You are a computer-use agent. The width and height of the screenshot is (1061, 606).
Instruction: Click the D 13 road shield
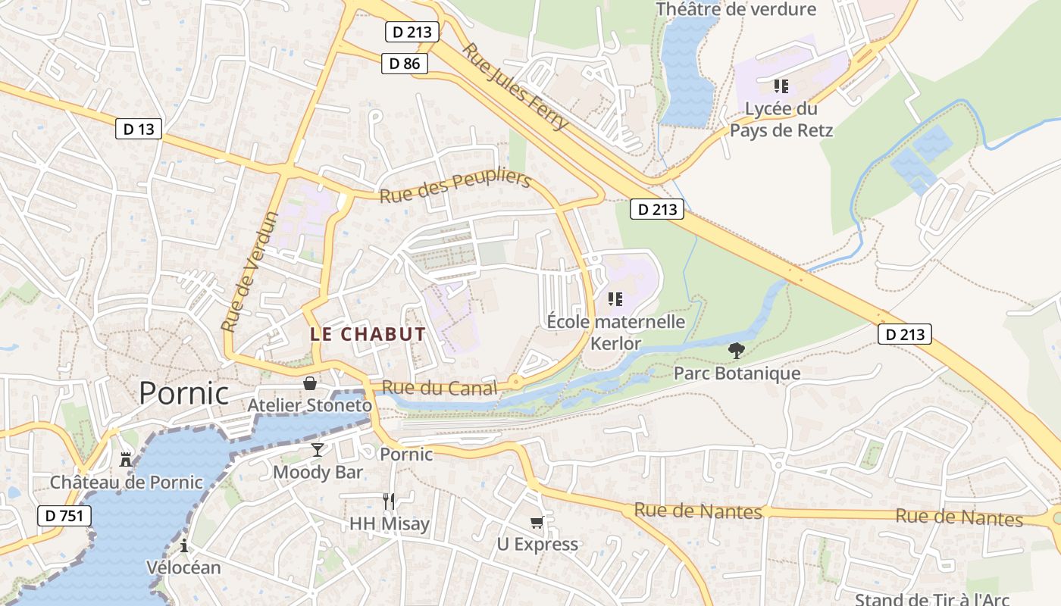tap(139, 129)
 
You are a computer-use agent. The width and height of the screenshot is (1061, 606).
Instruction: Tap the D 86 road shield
tap(404, 64)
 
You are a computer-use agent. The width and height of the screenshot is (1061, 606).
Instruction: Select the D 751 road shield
tap(64, 516)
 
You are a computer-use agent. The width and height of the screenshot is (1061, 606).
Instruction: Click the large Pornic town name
tap(183, 393)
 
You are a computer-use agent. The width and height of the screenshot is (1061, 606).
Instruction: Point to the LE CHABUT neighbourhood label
tap(368, 333)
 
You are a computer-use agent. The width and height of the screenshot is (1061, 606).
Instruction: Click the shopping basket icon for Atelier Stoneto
tap(310, 383)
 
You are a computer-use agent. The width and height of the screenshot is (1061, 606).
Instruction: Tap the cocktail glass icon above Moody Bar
tap(318, 450)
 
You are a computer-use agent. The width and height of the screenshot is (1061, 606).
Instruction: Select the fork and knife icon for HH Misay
tap(389, 501)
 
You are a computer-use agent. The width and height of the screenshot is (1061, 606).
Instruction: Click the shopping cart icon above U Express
tap(537, 522)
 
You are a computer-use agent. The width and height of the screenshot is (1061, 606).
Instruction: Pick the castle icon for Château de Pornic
tap(126, 459)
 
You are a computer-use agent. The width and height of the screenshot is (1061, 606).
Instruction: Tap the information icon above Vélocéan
tap(183, 545)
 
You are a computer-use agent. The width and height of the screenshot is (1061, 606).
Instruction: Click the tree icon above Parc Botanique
tap(735, 350)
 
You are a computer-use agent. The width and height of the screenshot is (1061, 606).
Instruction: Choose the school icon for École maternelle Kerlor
tap(615, 299)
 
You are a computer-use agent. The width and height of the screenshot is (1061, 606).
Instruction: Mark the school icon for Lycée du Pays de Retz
tap(781, 86)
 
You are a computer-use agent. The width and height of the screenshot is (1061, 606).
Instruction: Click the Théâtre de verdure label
tap(735, 9)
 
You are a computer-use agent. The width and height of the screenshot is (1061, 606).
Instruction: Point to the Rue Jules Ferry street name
tap(515, 86)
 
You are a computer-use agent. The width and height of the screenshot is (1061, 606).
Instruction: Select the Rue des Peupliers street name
tap(455, 186)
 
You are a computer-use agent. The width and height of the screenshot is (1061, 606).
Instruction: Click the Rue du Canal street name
tap(440, 388)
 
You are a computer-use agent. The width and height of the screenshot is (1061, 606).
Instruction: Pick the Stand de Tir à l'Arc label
tap(932, 599)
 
